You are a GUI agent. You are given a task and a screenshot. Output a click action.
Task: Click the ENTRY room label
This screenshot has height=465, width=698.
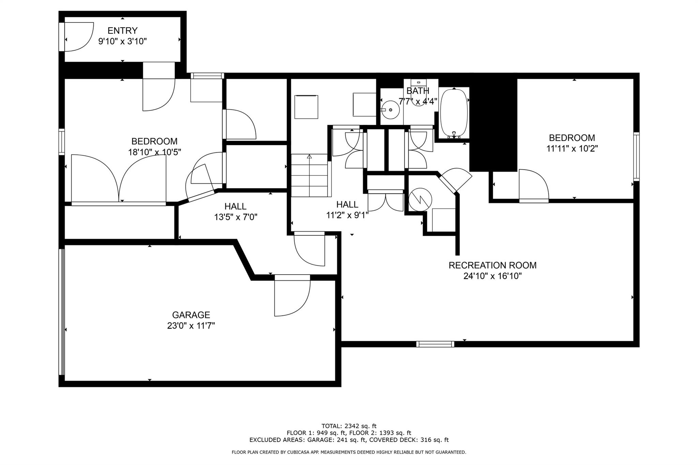click(122, 31)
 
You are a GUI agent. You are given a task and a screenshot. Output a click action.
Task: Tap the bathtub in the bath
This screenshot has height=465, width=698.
click(454, 113)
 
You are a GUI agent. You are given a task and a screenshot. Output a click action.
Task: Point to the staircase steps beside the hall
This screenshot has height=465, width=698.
click(309, 175)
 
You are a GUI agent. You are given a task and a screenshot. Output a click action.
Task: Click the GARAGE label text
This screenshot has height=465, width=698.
click(191, 315)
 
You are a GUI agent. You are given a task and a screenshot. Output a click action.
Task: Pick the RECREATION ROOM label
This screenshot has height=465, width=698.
click(492, 265)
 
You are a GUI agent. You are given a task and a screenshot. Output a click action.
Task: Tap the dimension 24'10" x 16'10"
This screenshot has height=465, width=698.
click(492, 276)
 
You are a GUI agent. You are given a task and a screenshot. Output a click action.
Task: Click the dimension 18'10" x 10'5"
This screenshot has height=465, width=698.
click(154, 152)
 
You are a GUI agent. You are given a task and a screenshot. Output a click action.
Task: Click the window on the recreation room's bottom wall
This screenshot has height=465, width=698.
click(435, 344)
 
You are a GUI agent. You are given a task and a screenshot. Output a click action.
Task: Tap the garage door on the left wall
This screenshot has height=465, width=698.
click(62, 312)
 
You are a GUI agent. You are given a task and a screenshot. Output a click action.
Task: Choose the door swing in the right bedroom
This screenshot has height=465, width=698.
click(534, 184)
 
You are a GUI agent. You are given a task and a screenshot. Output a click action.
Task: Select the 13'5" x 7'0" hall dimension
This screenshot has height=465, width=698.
click(236, 217)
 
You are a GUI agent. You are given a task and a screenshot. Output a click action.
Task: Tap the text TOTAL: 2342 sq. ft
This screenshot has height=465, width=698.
click(349, 426)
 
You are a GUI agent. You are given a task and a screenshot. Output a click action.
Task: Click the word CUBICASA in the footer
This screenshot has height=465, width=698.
click(299, 452)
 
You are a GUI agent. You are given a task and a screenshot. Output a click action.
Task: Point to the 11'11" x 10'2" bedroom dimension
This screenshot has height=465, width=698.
click(572, 149)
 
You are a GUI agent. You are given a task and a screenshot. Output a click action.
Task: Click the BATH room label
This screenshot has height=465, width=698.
click(418, 91)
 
